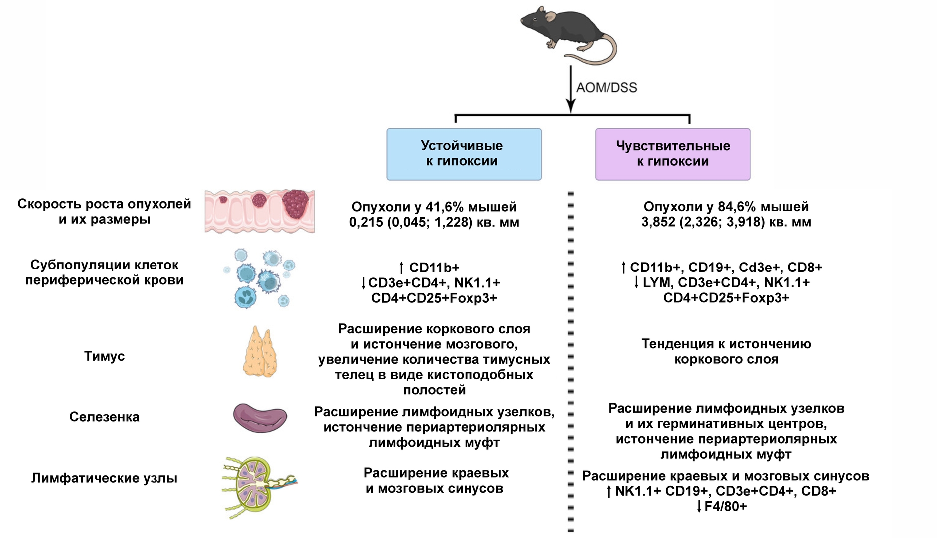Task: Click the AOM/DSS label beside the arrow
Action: (607, 88)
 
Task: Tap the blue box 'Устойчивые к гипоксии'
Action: (464, 154)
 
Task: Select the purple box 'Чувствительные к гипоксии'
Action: (672, 154)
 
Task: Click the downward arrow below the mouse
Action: (571, 90)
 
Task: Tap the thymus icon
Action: (259, 352)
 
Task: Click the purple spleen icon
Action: (260, 417)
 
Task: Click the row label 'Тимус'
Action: (104, 356)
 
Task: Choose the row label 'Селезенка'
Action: (104, 417)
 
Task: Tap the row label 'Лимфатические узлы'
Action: (104, 478)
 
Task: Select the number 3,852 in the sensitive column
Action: (658, 222)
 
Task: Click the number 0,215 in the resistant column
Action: (366, 222)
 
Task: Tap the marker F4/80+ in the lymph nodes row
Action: (725, 507)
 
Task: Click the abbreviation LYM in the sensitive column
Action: (656, 283)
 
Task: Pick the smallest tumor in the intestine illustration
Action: (223, 199)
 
